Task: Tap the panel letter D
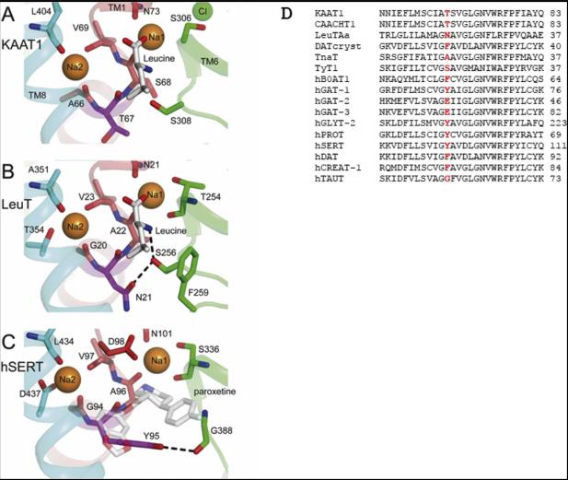[286, 14]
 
